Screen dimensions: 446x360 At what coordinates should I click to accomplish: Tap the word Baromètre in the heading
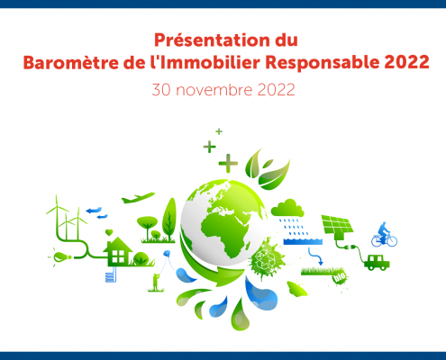click(71, 63)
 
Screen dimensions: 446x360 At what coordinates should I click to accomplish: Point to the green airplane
click(138, 198)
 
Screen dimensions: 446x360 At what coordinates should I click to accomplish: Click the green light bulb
click(62, 256)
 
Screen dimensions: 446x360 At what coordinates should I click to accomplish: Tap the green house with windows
click(117, 251)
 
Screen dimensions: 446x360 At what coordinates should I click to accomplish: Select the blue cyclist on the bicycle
click(384, 235)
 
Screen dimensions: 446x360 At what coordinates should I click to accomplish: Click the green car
click(377, 263)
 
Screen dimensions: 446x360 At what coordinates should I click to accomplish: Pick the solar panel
click(338, 225)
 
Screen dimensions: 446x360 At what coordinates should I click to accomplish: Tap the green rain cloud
click(287, 208)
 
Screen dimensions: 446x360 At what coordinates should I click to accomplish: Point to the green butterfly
click(296, 289)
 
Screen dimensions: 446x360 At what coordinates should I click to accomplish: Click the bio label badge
click(340, 277)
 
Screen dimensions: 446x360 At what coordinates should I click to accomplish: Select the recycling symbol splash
click(266, 257)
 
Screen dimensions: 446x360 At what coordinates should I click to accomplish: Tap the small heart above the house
click(109, 232)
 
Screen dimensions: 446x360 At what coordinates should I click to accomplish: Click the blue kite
click(167, 255)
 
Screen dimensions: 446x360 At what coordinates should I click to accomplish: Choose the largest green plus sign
click(228, 163)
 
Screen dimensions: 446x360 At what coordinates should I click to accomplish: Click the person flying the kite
click(156, 282)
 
